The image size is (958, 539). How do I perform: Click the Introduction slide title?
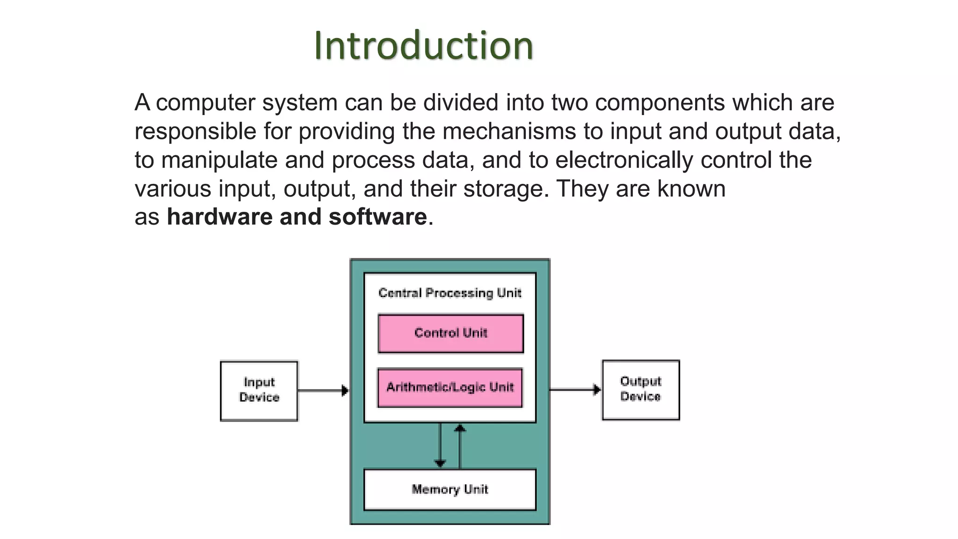pos(423,45)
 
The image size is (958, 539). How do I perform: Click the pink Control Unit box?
pos(450,333)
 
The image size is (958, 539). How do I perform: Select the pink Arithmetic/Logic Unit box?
pos(450,387)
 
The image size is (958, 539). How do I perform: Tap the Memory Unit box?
pos(450,489)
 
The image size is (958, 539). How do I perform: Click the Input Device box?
pos(259,391)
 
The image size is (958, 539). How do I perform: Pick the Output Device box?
pos(640,390)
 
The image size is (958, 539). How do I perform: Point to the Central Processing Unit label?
pos(450,293)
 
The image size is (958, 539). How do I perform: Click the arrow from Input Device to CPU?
pos(323,390)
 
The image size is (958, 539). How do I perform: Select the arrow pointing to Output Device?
pos(575,389)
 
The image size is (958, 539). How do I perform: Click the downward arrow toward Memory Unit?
pos(440,444)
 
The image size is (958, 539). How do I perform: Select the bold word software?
pos(377,217)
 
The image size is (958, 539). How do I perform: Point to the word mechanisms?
pos(509,131)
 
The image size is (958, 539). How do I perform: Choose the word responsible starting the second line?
pos(195,131)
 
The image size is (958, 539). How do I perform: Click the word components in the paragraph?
pos(660,102)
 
